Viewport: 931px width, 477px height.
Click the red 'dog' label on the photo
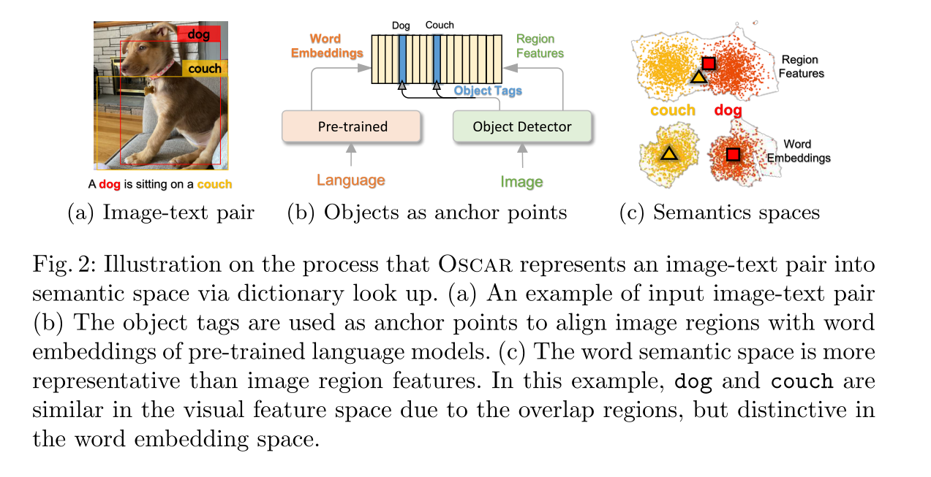pyautogui.click(x=199, y=34)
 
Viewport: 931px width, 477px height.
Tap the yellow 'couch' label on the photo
pyautogui.click(x=204, y=69)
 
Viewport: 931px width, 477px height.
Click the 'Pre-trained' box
pyautogui.click(x=353, y=126)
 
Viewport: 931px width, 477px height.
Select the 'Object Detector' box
pyautogui.click(x=521, y=126)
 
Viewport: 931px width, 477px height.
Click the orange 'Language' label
pyautogui.click(x=351, y=180)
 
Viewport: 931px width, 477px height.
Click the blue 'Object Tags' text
pyautogui.click(x=488, y=91)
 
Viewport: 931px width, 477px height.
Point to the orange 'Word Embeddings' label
pyautogui.click(x=326, y=46)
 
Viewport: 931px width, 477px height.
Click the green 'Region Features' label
pyautogui.click(x=540, y=45)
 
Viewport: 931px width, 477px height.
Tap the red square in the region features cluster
pyautogui.click(x=708, y=64)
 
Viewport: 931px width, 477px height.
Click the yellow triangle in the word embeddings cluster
pyautogui.click(x=668, y=153)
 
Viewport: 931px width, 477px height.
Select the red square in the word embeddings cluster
pyautogui.click(x=733, y=154)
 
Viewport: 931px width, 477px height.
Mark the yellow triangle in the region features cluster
pyautogui.click(x=698, y=76)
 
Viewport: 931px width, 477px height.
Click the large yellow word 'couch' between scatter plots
pyautogui.click(x=672, y=110)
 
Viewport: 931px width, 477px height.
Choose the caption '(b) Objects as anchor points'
pyautogui.click(x=427, y=213)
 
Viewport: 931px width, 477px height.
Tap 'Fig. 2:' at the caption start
pyautogui.click(x=59, y=264)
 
